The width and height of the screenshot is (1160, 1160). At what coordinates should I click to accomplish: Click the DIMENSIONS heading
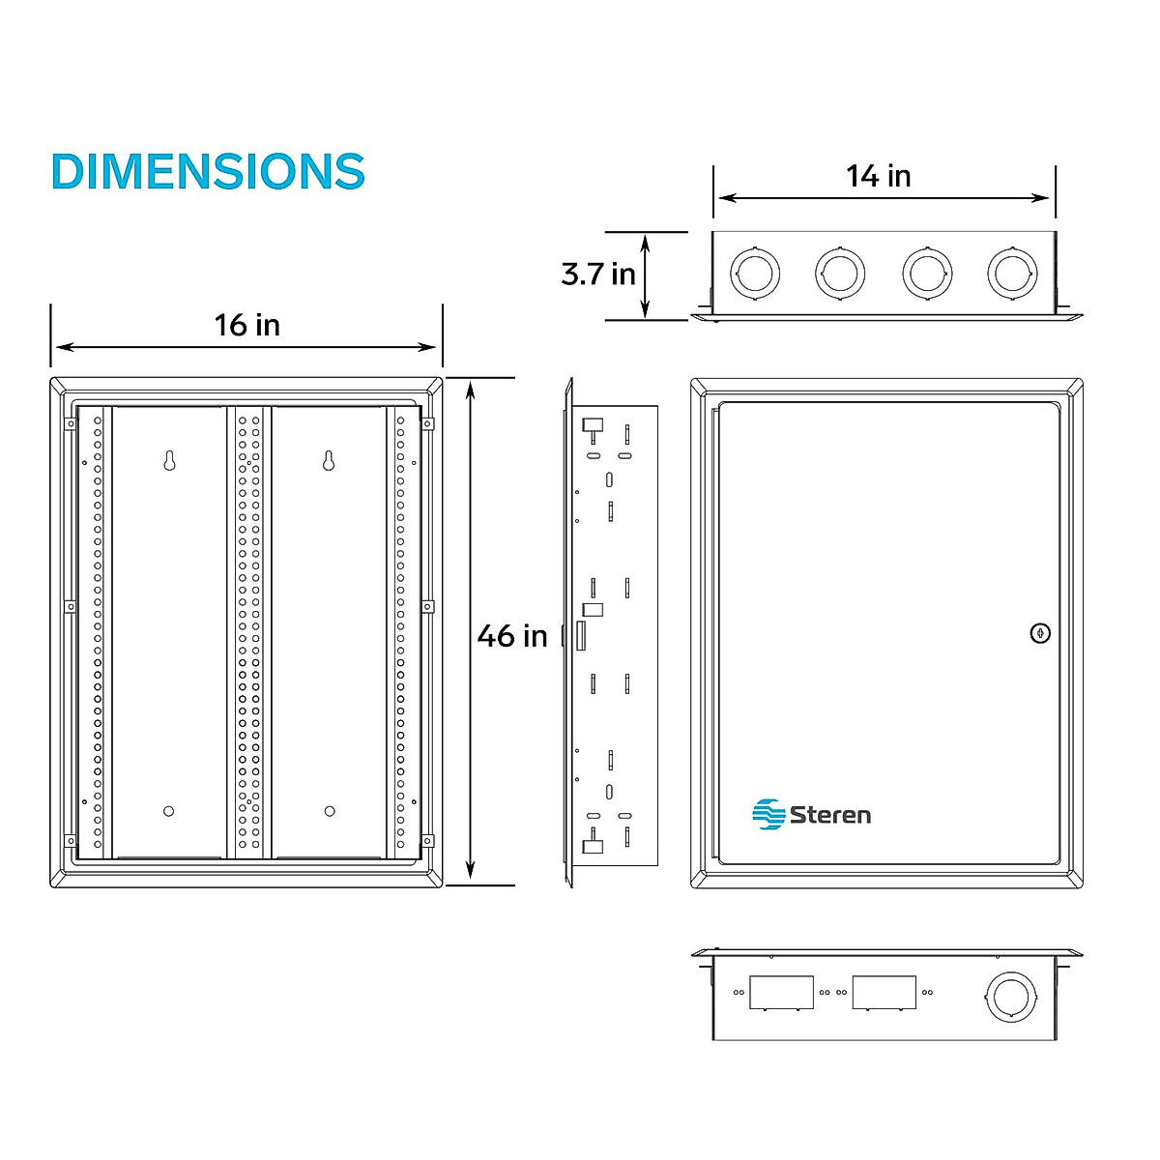point(208,171)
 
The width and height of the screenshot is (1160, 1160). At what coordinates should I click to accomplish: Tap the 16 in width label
point(247,325)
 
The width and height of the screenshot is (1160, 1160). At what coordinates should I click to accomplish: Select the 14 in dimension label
point(879,176)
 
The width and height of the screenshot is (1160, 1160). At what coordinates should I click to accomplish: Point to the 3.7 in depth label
point(598,274)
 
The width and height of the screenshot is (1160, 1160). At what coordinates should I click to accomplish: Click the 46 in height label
point(512,636)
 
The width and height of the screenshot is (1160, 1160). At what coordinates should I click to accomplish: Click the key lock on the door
point(1040,633)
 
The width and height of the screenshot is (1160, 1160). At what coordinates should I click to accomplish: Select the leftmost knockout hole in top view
point(754,274)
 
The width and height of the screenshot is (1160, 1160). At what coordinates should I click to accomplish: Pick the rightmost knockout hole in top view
point(1012,274)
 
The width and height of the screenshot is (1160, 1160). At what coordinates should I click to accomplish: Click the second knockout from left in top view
point(840,274)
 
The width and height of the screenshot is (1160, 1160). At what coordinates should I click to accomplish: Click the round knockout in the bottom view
point(1010,996)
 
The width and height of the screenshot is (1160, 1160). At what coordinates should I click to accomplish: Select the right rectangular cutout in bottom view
point(884,992)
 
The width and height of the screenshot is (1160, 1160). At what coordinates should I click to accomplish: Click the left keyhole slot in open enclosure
point(169,460)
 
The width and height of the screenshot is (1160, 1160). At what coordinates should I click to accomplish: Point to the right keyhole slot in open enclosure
point(329,460)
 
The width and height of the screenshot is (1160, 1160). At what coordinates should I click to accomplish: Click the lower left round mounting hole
point(169,811)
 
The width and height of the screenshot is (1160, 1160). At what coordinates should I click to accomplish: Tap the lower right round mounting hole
point(330,811)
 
